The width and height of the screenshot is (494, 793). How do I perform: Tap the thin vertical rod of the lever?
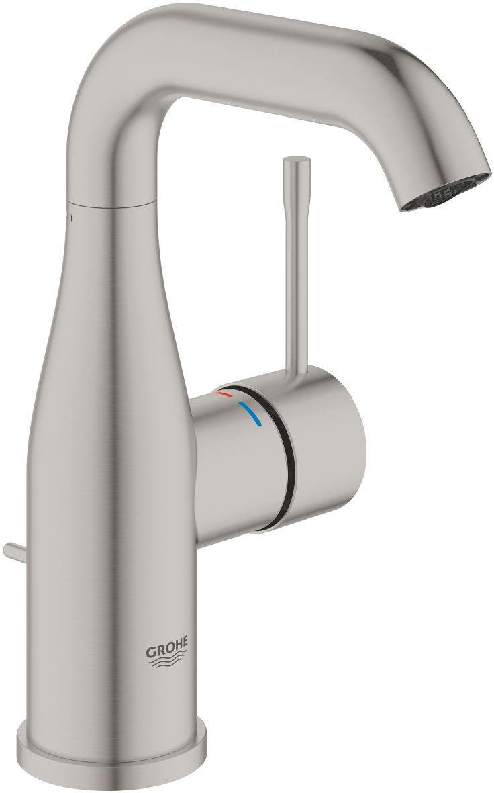tap(293, 269)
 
